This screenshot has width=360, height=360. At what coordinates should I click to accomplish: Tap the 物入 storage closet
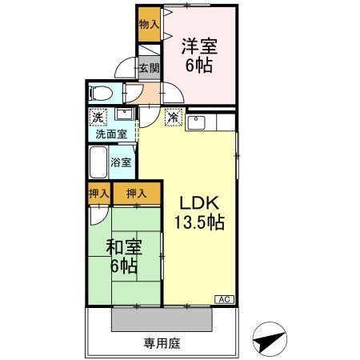coord(148,25)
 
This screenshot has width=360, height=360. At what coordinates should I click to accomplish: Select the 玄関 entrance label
coord(149,68)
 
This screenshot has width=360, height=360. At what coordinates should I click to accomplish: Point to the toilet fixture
coord(99,92)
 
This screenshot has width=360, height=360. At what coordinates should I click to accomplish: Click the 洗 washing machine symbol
coord(97,118)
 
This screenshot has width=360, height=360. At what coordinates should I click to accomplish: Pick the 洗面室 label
coord(111,134)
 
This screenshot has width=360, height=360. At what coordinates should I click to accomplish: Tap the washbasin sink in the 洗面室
coord(122,117)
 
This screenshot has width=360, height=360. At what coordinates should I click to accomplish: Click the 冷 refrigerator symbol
coord(172,118)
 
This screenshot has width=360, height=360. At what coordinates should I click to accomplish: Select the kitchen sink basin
coord(198,123)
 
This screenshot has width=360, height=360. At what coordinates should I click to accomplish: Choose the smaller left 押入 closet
coord(98,193)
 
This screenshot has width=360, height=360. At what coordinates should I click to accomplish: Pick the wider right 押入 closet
coord(137,193)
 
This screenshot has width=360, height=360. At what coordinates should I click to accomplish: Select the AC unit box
coord(225,299)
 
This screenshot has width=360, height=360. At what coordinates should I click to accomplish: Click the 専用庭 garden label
coord(162,344)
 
